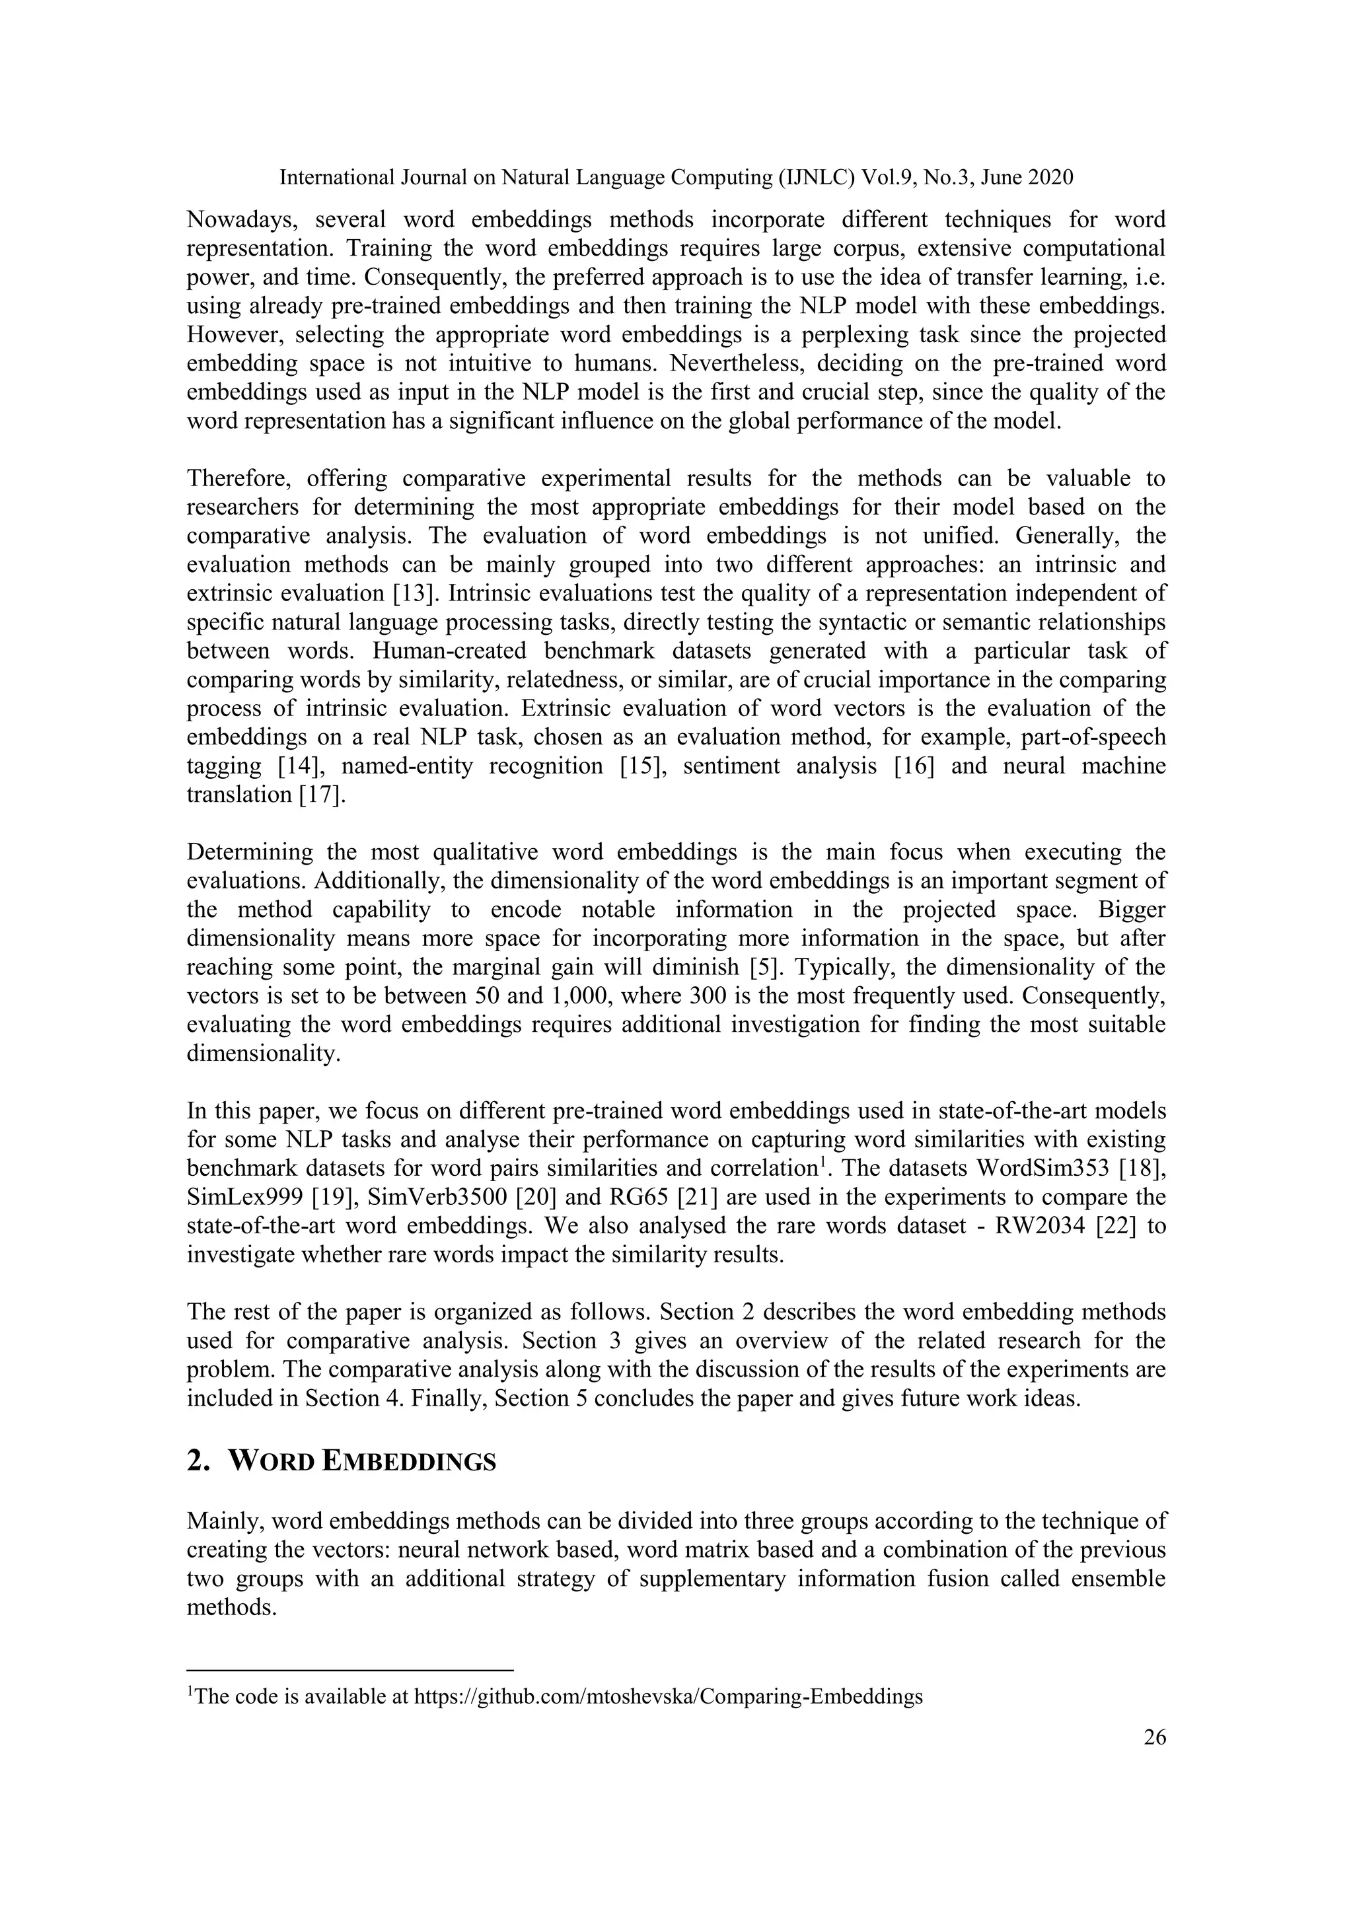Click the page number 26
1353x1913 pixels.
pyautogui.click(x=1154, y=1737)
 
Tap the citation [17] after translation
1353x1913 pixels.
pyautogui.click(x=322, y=795)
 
